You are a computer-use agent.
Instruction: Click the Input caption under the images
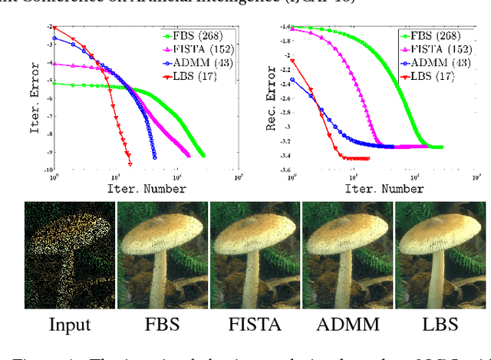click(69, 323)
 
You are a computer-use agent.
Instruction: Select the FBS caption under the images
click(162, 323)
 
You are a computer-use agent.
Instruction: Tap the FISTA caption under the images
click(255, 323)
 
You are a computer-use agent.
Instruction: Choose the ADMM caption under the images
click(348, 323)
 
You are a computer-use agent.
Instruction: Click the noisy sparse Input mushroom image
click(69, 253)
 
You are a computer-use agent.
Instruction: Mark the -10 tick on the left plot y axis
click(47, 170)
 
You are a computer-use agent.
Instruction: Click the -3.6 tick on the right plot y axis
click(285, 170)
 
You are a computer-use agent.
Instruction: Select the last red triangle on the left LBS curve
click(130, 164)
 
